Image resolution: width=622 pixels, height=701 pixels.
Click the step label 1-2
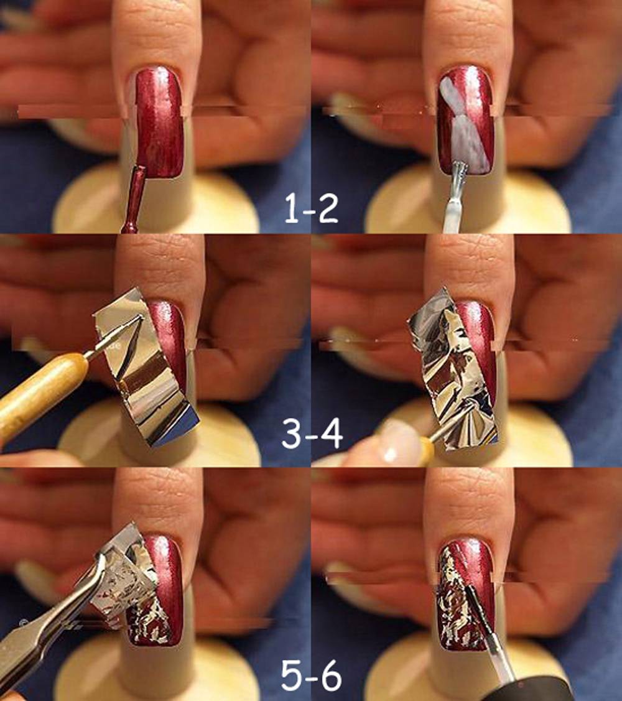click(x=311, y=210)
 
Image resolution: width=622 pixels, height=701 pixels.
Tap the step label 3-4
click(x=312, y=434)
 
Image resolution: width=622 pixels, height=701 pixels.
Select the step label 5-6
click(x=311, y=675)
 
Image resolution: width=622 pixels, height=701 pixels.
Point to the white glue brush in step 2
click(x=455, y=197)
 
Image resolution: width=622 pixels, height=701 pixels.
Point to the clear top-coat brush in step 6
click(x=488, y=626)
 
